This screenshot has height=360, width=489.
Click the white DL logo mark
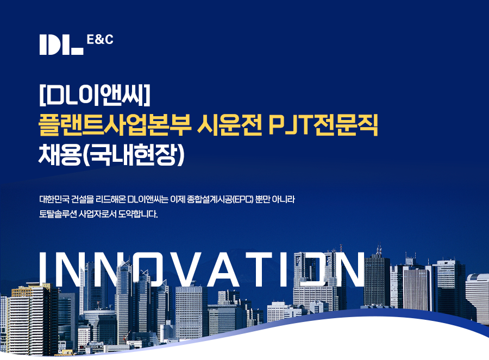[61, 45]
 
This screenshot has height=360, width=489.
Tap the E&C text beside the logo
[100, 40]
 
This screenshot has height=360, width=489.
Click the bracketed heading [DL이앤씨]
[95, 95]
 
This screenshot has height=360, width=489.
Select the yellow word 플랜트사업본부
[115, 125]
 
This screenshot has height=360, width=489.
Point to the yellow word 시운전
[229, 125]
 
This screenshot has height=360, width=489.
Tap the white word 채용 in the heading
[59, 155]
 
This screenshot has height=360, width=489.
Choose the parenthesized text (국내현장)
[134, 155]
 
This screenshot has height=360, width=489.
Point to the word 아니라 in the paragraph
[284, 199]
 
